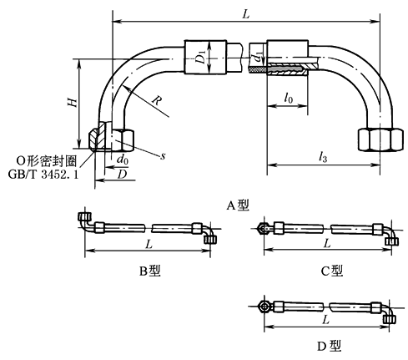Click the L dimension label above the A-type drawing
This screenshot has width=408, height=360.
[246, 14]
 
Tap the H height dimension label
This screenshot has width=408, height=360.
[73, 102]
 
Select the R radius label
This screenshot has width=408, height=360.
[157, 100]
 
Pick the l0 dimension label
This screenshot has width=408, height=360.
[289, 98]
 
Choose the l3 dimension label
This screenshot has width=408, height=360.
[323, 157]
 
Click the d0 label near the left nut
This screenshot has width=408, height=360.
[123, 160]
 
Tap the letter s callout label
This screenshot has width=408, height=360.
[163, 156]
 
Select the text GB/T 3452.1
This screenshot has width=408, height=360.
[43, 175]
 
